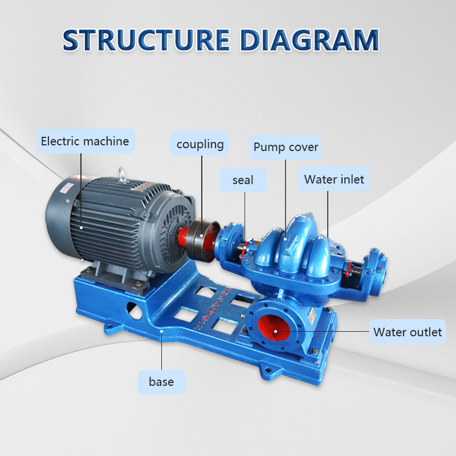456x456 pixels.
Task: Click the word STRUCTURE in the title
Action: pos(145,40)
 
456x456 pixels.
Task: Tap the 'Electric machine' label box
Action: pos(85,141)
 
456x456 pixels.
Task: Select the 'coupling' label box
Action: pos(200,144)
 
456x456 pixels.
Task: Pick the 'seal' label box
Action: pos(243,180)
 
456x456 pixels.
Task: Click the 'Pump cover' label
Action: pos(286,148)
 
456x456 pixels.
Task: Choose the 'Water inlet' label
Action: pos(333,180)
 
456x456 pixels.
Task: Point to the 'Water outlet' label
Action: pos(408,332)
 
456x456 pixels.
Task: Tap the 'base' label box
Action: pos(161,382)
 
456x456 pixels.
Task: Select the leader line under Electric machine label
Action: pos(81,182)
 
